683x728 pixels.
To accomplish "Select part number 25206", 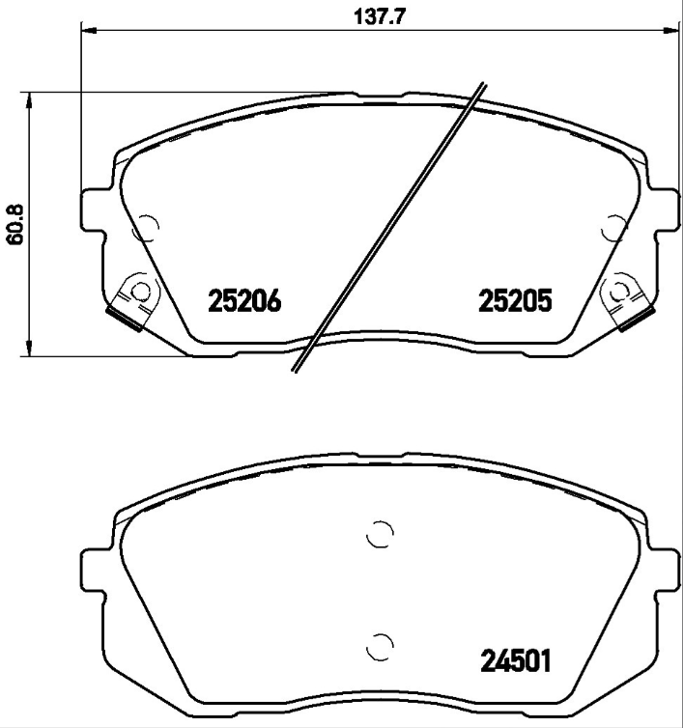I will click(244, 302).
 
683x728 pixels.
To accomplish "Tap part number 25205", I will click(515, 302).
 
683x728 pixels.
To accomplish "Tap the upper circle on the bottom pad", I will click(380, 534).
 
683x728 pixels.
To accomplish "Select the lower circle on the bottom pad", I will click(381, 644).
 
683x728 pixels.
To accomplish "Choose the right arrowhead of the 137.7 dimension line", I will click(673, 30).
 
